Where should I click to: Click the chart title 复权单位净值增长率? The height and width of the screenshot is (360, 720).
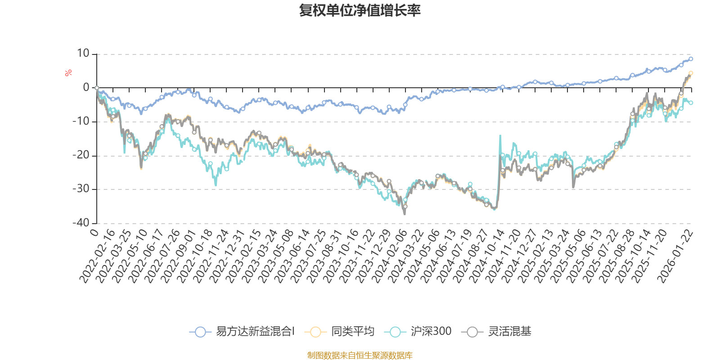[x=360, y=11]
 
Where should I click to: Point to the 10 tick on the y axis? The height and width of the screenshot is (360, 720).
[x=83, y=54]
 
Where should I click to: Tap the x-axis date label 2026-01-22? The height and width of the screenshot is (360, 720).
[x=676, y=256]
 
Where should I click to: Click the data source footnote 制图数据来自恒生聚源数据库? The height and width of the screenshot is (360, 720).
[x=360, y=355]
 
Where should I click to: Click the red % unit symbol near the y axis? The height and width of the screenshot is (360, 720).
[x=68, y=73]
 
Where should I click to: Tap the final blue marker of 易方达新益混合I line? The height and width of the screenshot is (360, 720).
[x=691, y=59]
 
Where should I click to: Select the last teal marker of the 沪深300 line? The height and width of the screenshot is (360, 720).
[x=691, y=103]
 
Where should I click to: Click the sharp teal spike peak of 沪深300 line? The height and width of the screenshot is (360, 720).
[x=500, y=135]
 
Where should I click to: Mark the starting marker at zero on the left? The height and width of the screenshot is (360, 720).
[x=97, y=88]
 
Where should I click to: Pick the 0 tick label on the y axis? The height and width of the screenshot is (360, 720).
[x=86, y=88]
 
